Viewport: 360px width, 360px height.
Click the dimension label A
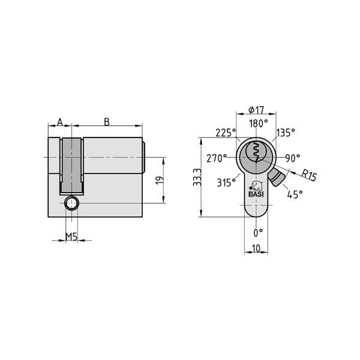59,122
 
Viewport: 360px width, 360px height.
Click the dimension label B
107,122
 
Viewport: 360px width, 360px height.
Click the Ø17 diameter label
256,110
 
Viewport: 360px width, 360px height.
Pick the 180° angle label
257,124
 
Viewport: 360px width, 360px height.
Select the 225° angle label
226,133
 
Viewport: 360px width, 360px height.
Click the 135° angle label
286,133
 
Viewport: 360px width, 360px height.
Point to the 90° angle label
292,158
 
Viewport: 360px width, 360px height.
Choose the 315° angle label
226,183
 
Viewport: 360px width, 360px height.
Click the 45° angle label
295,194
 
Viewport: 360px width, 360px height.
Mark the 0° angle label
258,232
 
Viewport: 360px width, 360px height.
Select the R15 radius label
308,175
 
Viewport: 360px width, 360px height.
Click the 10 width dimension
257,248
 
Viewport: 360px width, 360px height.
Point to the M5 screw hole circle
71,203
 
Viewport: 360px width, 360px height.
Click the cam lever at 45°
277,178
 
